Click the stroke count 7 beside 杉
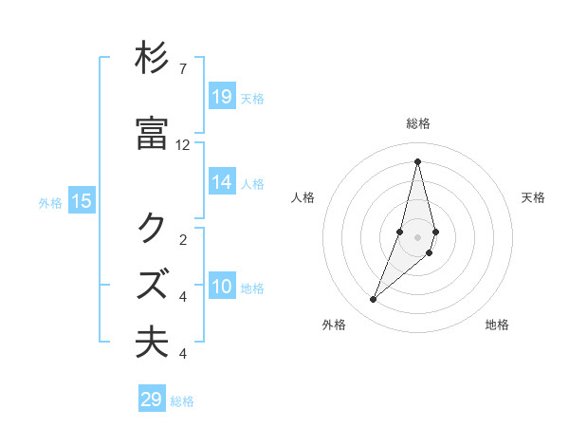(183, 69)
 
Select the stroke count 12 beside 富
(183, 145)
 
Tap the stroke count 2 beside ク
(183, 240)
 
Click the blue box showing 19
(222, 96)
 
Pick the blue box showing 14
(222, 182)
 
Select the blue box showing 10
(222, 288)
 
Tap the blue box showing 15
(82, 200)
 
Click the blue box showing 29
(152, 400)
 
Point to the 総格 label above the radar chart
(418, 123)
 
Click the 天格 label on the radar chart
(533, 197)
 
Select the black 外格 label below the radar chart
(334, 325)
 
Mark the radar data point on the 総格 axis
(417, 161)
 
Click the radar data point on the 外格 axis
(374, 300)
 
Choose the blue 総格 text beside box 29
(182, 401)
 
